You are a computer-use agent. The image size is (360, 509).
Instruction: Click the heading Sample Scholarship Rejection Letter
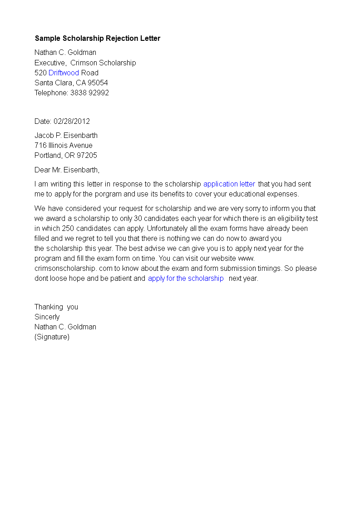pos(97,39)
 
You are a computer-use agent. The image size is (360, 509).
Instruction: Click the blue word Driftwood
pos(64,73)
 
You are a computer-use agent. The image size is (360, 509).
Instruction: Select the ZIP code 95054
pos(98,83)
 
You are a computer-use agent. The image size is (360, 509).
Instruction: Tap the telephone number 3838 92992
pos(89,93)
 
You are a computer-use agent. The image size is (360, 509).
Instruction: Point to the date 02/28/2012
pos(72,121)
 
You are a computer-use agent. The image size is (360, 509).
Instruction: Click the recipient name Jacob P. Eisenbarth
pos(66,135)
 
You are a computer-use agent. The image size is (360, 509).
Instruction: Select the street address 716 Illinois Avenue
pos(64,145)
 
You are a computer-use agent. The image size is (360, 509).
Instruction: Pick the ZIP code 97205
pos(87,155)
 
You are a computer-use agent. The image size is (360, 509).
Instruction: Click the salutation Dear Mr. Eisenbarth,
pos(67,170)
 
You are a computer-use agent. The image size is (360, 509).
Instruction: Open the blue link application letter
pos(229,184)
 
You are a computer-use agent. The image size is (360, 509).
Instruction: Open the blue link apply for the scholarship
pos(186,278)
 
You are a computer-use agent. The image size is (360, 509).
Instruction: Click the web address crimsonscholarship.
pos(64,268)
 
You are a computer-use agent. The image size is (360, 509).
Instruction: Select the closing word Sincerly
pos(47,317)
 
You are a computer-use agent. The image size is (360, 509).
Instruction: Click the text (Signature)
pos(52,337)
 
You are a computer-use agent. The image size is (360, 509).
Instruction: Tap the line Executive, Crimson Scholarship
pos(85,63)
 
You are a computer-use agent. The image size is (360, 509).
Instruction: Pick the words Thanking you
pos(56,307)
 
